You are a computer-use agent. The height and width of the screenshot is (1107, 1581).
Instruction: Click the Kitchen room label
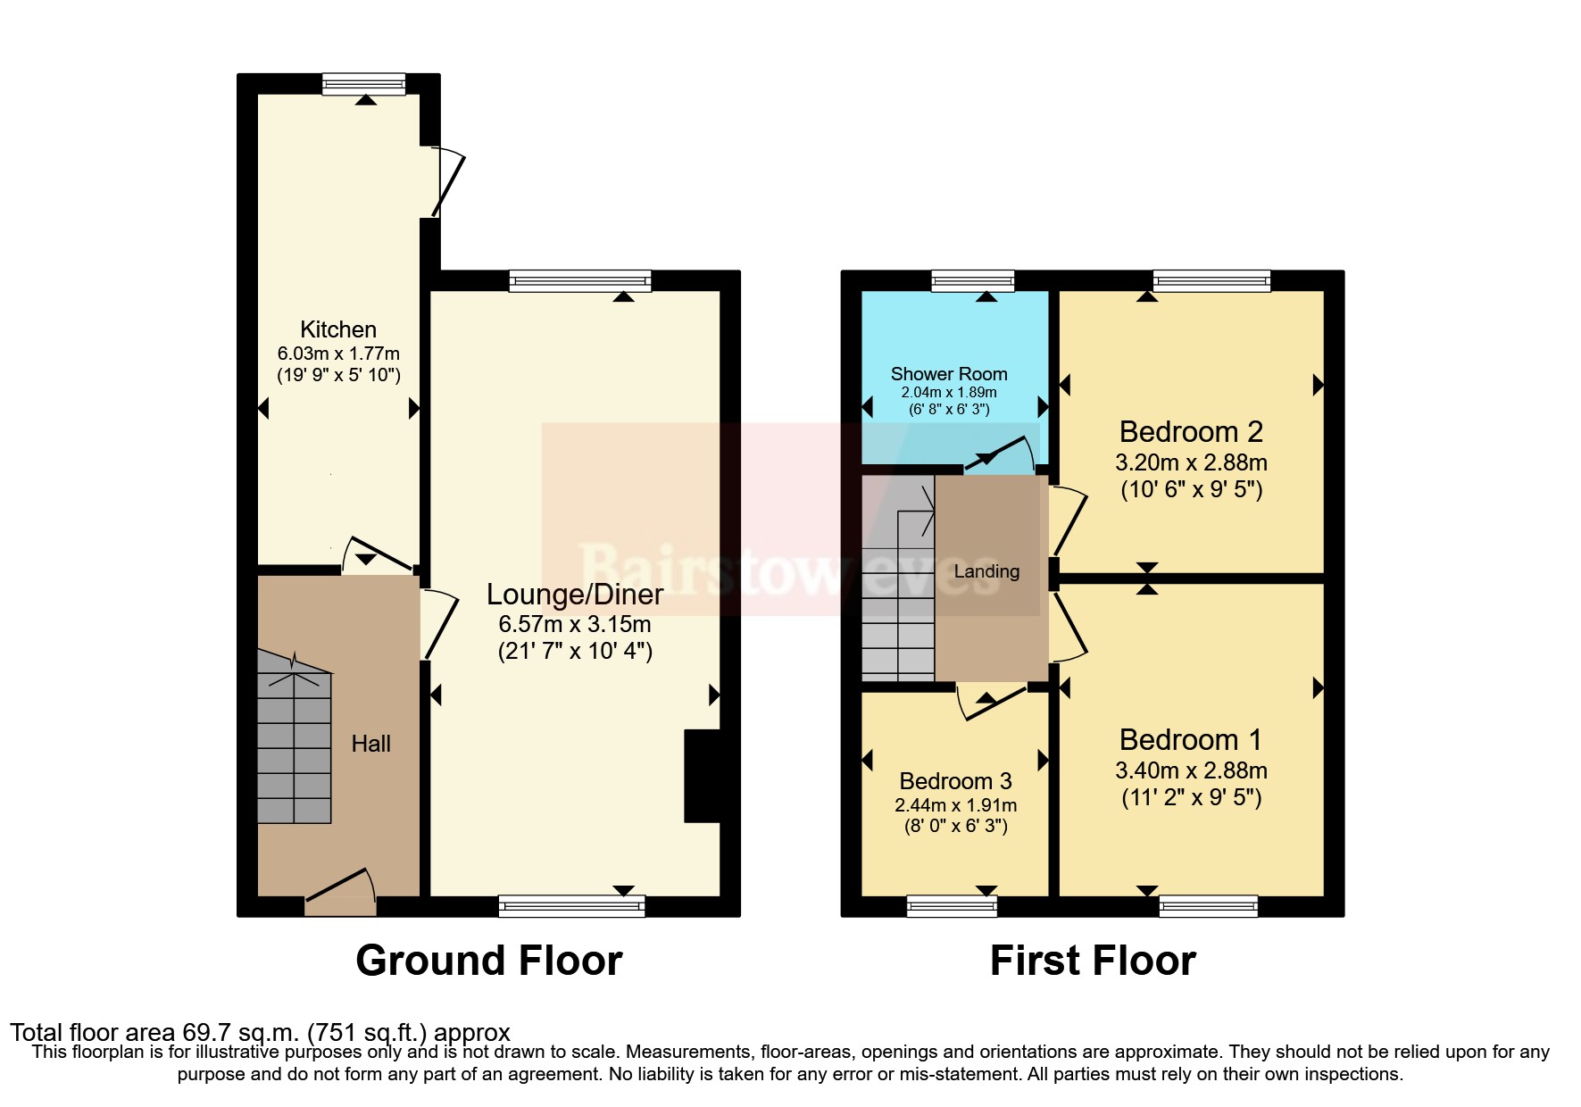[337, 329]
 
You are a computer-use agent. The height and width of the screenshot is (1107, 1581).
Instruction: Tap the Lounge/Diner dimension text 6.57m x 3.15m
[574, 624]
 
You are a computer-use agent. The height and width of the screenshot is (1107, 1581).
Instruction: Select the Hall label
[370, 744]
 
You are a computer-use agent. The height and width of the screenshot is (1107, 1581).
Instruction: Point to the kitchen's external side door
[446, 183]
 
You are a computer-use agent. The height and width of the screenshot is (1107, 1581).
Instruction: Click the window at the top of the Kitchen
[363, 84]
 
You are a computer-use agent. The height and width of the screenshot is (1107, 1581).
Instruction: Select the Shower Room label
[948, 374]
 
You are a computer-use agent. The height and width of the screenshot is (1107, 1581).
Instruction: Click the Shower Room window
[972, 281]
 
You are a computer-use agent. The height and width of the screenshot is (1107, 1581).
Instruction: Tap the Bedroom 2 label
[1190, 432]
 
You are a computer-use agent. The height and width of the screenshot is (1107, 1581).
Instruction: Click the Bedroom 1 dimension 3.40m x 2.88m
[1190, 770]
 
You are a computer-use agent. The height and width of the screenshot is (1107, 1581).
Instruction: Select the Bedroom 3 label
[955, 781]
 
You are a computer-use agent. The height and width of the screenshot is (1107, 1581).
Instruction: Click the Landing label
[986, 571]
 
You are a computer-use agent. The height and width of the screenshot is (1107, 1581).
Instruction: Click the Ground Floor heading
[488, 961]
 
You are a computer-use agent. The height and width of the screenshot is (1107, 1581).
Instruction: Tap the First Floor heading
[1092, 961]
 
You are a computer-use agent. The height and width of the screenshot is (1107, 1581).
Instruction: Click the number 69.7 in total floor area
[201, 1033]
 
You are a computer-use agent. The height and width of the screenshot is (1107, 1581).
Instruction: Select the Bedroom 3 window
[952, 906]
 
